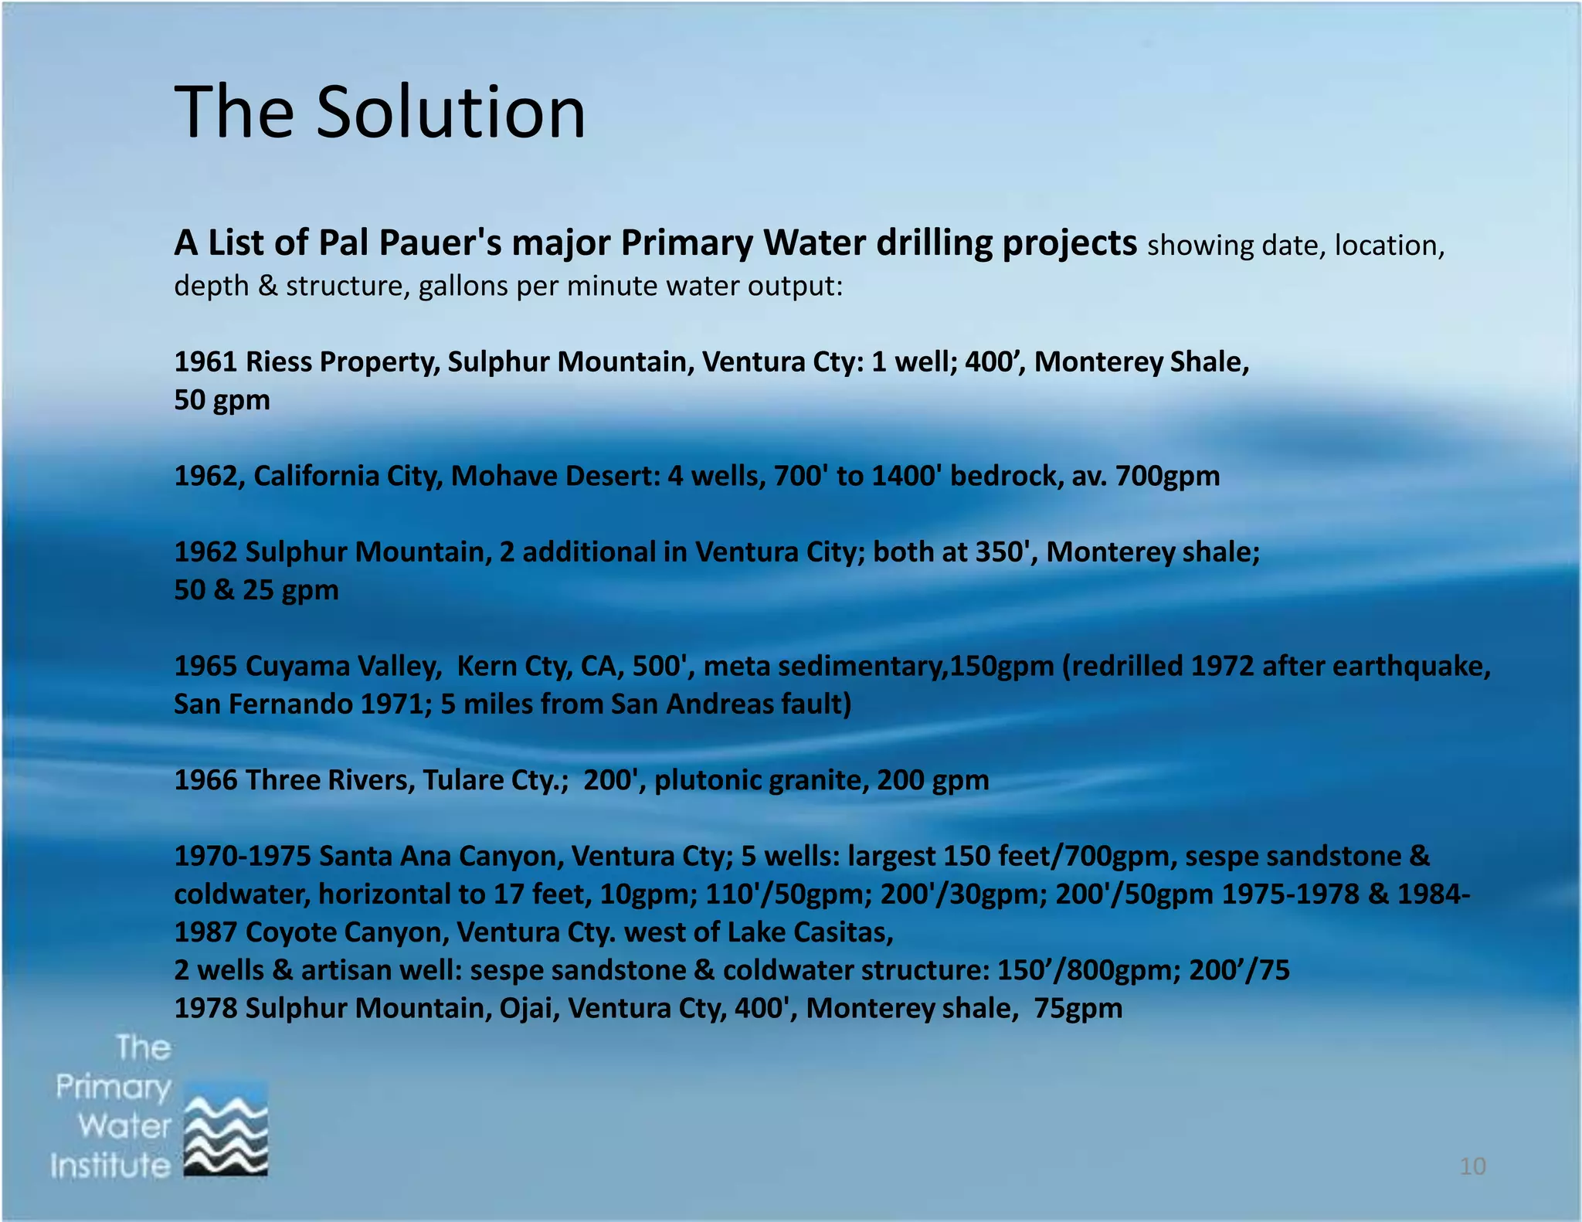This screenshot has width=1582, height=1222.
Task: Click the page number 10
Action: (1472, 1166)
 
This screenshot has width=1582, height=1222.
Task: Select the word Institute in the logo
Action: (110, 1166)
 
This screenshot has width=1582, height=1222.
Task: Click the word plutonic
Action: (708, 780)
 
